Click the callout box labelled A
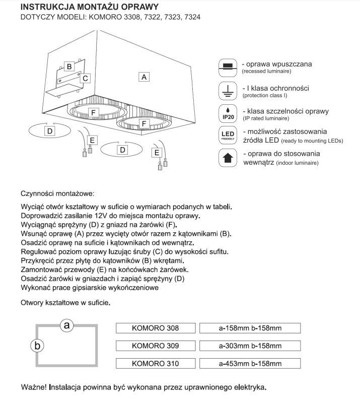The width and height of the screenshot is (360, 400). (x=144, y=77)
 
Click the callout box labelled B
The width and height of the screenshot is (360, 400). (x=69, y=66)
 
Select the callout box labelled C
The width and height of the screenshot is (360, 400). (x=86, y=78)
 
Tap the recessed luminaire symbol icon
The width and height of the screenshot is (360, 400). (x=228, y=66)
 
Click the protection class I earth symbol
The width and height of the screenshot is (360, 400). (x=228, y=90)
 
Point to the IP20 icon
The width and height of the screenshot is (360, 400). (x=228, y=113)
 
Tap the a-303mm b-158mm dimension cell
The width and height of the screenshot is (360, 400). (x=250, y=346)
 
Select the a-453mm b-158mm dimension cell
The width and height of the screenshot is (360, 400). (x=250, y=363)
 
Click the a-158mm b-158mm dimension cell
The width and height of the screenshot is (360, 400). (x=250, y=328)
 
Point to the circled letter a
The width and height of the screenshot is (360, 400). (x=66, y=325)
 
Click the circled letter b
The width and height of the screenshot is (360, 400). (x=37, y=346)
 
